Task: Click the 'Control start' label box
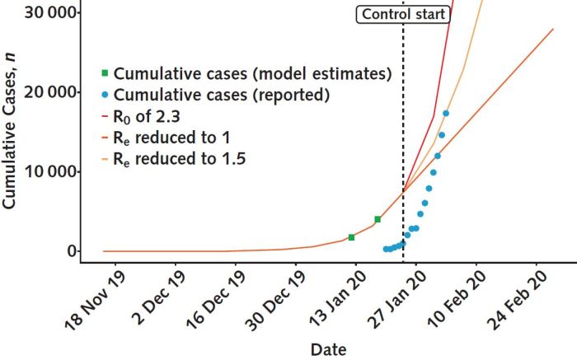point(402,14)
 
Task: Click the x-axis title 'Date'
point(328,349)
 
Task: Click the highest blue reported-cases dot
point(446,114)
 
